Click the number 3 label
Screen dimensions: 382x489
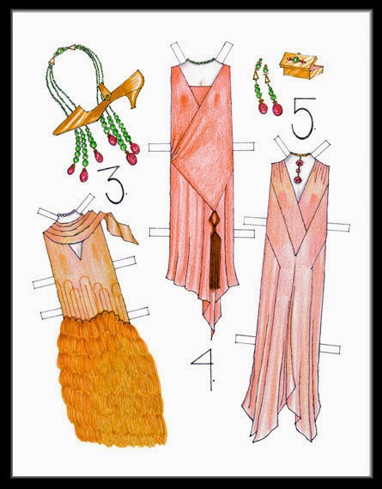pyautogui.click(x=114, y=184)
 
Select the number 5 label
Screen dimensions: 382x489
pyautogui.click(x=303, y=118)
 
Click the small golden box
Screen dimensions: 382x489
pyautogui.click(x=300, y=66)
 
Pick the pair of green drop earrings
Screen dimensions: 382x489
pyautogui.click(x=267, y=87)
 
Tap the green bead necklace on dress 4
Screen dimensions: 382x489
pyautogui.click(x=201, y=62)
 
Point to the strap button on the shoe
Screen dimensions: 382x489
pyautogui.click(x=107, y=96)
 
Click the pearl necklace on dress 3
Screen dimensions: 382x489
pyautogui.click(x=66, y=214)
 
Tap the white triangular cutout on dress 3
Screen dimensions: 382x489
pyautogui.click(x=76, y=250)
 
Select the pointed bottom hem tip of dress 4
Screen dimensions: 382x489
pyautogui.click(x=212, y=337)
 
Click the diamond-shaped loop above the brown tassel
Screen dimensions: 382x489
pyautogui.click(x=215, y=221)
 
